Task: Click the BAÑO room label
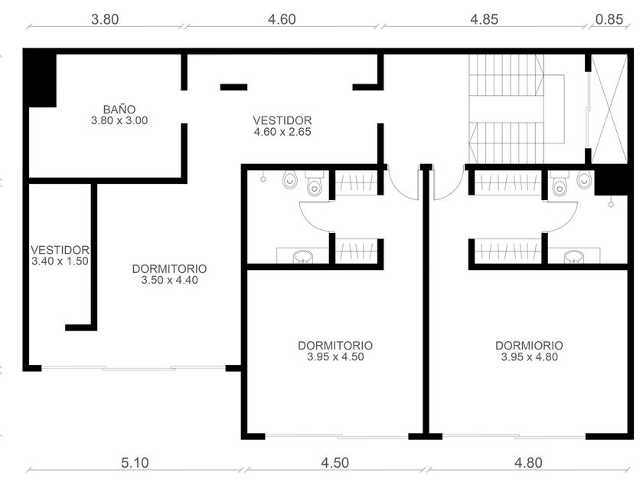(x=119, y=110)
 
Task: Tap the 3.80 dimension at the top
(x=105, y=19)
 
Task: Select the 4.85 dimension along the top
(x=485, y=19)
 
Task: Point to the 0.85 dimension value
(x=609, y=19)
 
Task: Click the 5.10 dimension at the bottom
(x=135, y=463)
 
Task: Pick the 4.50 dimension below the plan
(x=335, y=463)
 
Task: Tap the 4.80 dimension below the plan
(x=529, y=463)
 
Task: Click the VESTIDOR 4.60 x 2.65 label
(x=282, y=126)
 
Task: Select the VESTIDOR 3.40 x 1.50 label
(x=60, y=255)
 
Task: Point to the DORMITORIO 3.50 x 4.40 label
(x=169, y=274)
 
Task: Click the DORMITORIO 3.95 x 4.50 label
(x=335, y=351)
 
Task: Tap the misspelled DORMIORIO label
(x=529, y=351)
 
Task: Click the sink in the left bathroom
(x=303, y=256)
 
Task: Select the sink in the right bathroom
(x=573, y=256)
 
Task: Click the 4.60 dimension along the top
(x=282, y=19)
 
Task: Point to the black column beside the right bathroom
(x=611, y=180)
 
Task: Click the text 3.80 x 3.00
(x=119, y=121)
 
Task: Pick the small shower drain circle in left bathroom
(x=263, y=179)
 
